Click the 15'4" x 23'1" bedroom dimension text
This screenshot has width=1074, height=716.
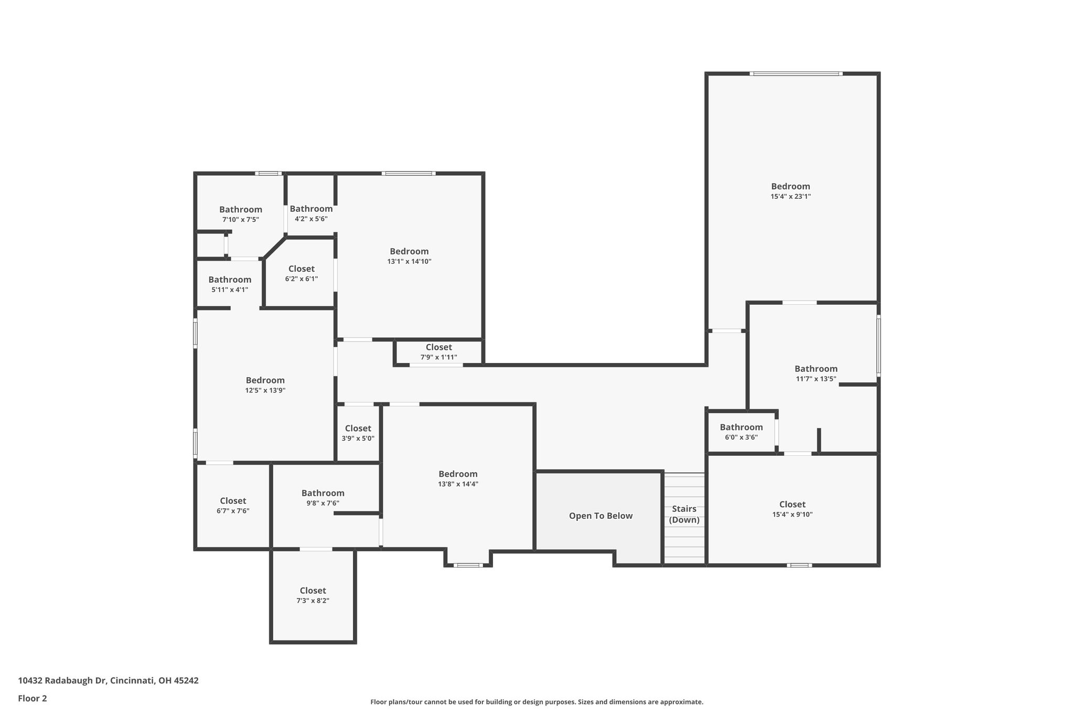point(790,197)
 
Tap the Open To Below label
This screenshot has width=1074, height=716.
point(601,516)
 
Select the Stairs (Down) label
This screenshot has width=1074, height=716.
point(684,514)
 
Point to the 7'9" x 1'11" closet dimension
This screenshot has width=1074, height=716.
point(438,357)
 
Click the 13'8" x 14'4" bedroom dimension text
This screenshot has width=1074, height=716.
point(458,484)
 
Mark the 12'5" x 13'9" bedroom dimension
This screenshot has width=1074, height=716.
point(265,390)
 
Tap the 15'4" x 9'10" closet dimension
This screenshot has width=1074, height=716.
point(792,515)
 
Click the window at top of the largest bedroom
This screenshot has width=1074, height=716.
point(796,74)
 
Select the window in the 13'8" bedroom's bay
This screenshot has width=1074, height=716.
point(468,565)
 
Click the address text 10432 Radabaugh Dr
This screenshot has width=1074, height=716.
point(62,681)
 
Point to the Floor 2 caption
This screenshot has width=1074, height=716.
point(33,698)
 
